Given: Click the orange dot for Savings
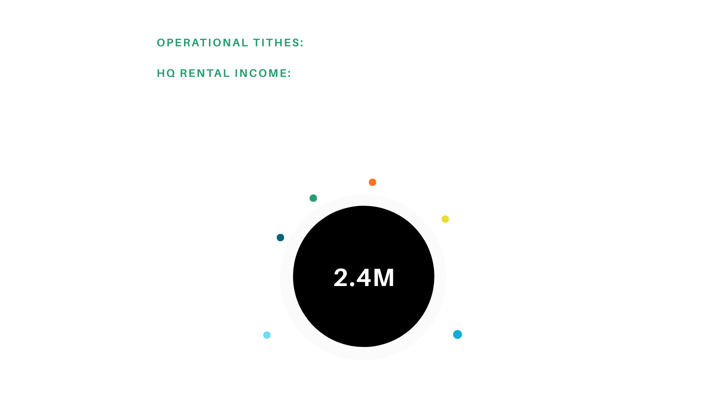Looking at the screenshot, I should (x=373, y=182).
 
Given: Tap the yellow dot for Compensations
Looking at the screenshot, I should (x=445, y=219).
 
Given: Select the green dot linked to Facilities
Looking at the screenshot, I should (x=313, y=198).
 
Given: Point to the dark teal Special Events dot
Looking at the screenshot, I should (x=280, y=237).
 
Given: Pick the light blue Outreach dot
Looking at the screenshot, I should (x=267, y=335).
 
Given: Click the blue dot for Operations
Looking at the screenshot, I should (x=457, y=334).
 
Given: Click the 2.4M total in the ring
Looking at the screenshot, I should (x=364, y=278).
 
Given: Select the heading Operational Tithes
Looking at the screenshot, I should (x=230, y=43).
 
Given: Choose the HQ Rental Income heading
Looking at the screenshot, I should (x=224, y=73).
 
